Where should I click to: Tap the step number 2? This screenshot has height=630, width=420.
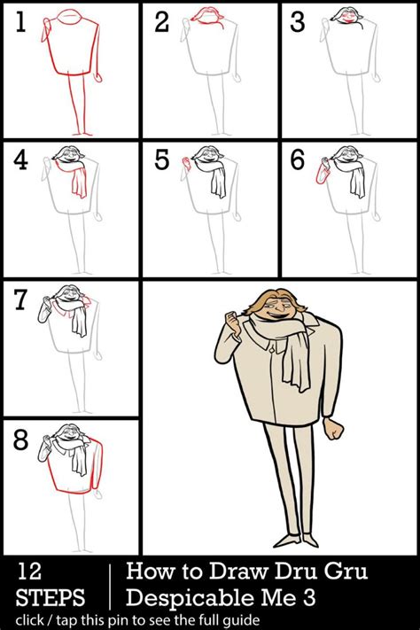click(161, 24)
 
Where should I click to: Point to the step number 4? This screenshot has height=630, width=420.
click(21, 162)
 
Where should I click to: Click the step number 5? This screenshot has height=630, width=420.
click(161, 162)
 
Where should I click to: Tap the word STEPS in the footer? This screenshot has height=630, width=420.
click(50, 595)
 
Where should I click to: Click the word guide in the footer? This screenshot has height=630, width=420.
click(239, 619)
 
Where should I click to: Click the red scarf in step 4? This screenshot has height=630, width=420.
click(79, 181)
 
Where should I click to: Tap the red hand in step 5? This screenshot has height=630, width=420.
click(185, 161)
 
